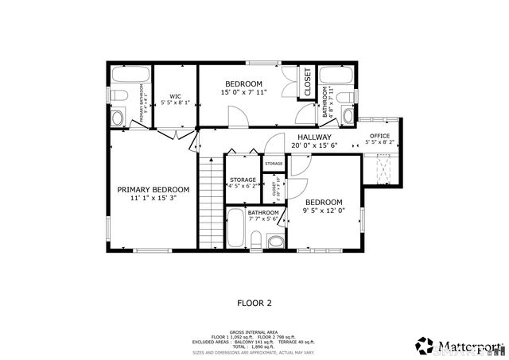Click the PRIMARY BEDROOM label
coord(153,189)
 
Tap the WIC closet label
coord(175,97)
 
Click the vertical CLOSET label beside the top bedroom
coord(308,82)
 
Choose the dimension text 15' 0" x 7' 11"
coord(243,92)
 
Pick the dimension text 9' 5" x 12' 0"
coord(324,211)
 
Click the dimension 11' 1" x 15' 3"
coord(153,198)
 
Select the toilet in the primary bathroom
coord(119,96)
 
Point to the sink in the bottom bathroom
coord(275,242)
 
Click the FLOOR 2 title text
coord(254,303)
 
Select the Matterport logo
coord(459,345)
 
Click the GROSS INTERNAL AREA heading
coord(254,331)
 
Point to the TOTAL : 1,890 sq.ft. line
coord(254,346)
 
